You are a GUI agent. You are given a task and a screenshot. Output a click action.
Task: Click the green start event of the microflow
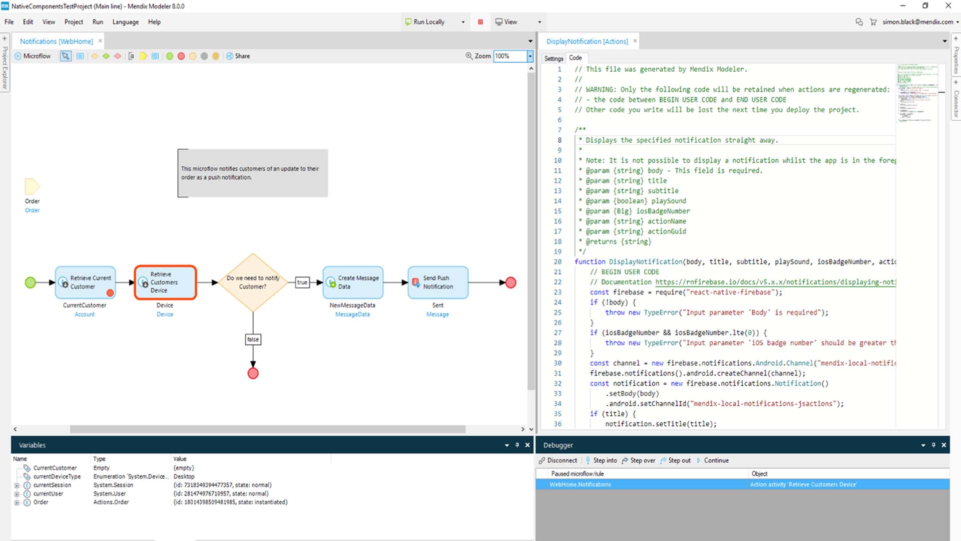click(x=31, y=283)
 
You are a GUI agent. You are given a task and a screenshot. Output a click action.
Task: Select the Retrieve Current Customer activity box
click(x=86, y=283)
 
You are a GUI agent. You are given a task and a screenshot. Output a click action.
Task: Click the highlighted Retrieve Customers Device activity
click(x=165, y=283)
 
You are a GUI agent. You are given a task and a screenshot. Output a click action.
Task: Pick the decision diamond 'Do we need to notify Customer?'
click(x=253, y=283)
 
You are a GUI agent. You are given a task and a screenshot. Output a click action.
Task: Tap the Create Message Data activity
click(x=353, y=283)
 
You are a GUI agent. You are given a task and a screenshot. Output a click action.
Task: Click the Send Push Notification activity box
click(x=438, y=283)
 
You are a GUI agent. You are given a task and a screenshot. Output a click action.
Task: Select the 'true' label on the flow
click(x=302, y=283)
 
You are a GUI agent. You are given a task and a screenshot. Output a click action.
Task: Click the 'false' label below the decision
click(x=253, y=340)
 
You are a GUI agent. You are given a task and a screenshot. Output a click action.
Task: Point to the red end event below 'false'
click(x=253, y=374)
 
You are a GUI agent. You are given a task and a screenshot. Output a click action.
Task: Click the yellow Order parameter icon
click(x=32, y=187)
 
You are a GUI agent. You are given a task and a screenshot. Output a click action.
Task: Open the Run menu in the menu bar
click(x=98, y=22)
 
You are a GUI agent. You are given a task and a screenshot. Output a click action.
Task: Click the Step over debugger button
click(x=639, y=460)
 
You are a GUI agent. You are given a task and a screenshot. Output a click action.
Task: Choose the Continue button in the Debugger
click(x=716, y=460)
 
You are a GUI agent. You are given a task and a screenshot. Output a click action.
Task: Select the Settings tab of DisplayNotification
click(x=554, y=59)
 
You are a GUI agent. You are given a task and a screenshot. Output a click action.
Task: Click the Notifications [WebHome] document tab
click(x=56, y=42)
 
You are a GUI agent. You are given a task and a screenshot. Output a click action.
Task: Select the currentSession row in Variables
click(x=52, y=485)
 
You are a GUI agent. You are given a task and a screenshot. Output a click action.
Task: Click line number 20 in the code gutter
click(x=558, y=262)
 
